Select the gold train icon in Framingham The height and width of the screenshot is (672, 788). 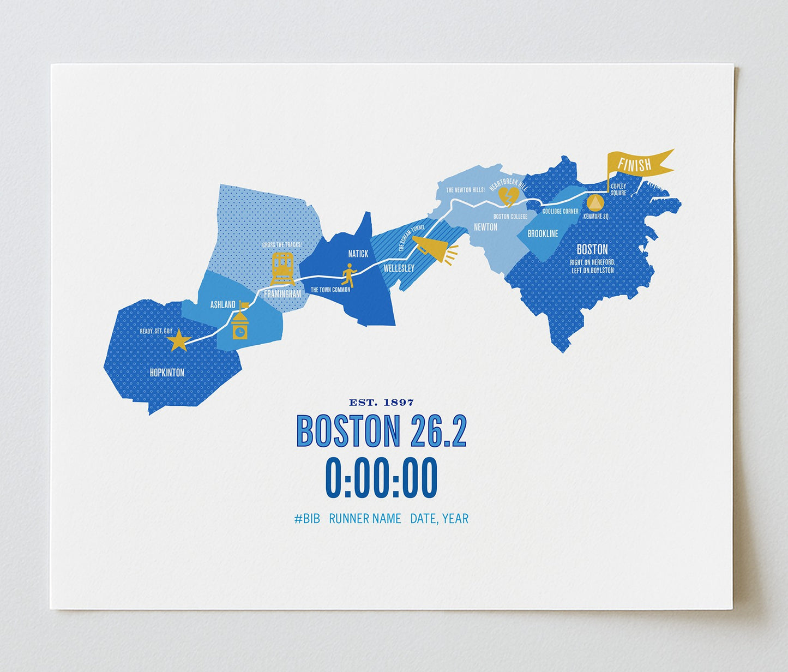tap(282, 268)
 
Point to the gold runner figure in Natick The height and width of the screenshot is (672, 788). tap(348, 275)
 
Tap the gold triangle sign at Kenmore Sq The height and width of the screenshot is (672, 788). tap(595, 203)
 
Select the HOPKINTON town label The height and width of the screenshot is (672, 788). tap(167, 373)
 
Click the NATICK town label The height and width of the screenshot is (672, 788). tap(358, 254)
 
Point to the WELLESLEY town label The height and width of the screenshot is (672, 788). tap(399, 268)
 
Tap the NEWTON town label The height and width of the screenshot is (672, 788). tap(485, 227)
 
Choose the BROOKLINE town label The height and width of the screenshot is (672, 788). tap(543, 233)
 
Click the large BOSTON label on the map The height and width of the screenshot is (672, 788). tap(592, 249)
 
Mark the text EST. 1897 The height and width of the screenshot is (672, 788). tap(381, 403)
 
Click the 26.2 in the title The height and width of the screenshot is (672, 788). tap(439, 431)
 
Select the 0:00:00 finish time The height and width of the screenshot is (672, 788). tap(381, 478)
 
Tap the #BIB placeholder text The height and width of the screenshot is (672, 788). tap(307, 519)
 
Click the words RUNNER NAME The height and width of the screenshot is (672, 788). tap(365, 519)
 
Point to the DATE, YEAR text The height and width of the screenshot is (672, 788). tap(439, 519)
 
